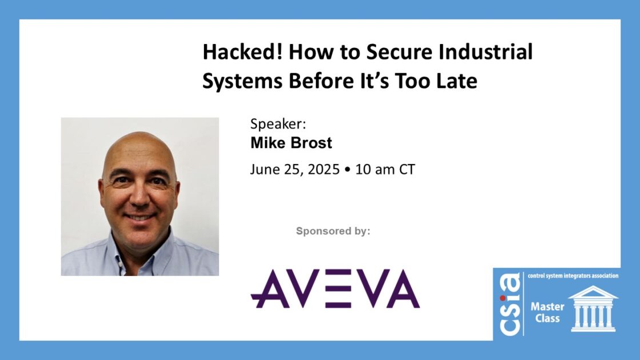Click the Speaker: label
pyautogui.click(x=278, y=123)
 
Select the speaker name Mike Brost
pyautogui.click(x=291, y=143)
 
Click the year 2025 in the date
pyautogui.click(x=323, y=169)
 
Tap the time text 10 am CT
pyautogui.click(x=385, y=169)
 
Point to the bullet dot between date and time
pyautogui.click(x=347, y=169)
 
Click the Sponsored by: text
pyautogui.click(x=333, y=231)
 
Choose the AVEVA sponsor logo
pyautogui.click(x=335, y=289)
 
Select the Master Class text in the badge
pyautogui.click(x=547, y=312)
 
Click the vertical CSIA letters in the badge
pyautogui.click(x=510, y=304)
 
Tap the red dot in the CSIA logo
pyautogui.click(x=502, y=298)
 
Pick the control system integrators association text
pyautogui.click(x=573, y=276)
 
